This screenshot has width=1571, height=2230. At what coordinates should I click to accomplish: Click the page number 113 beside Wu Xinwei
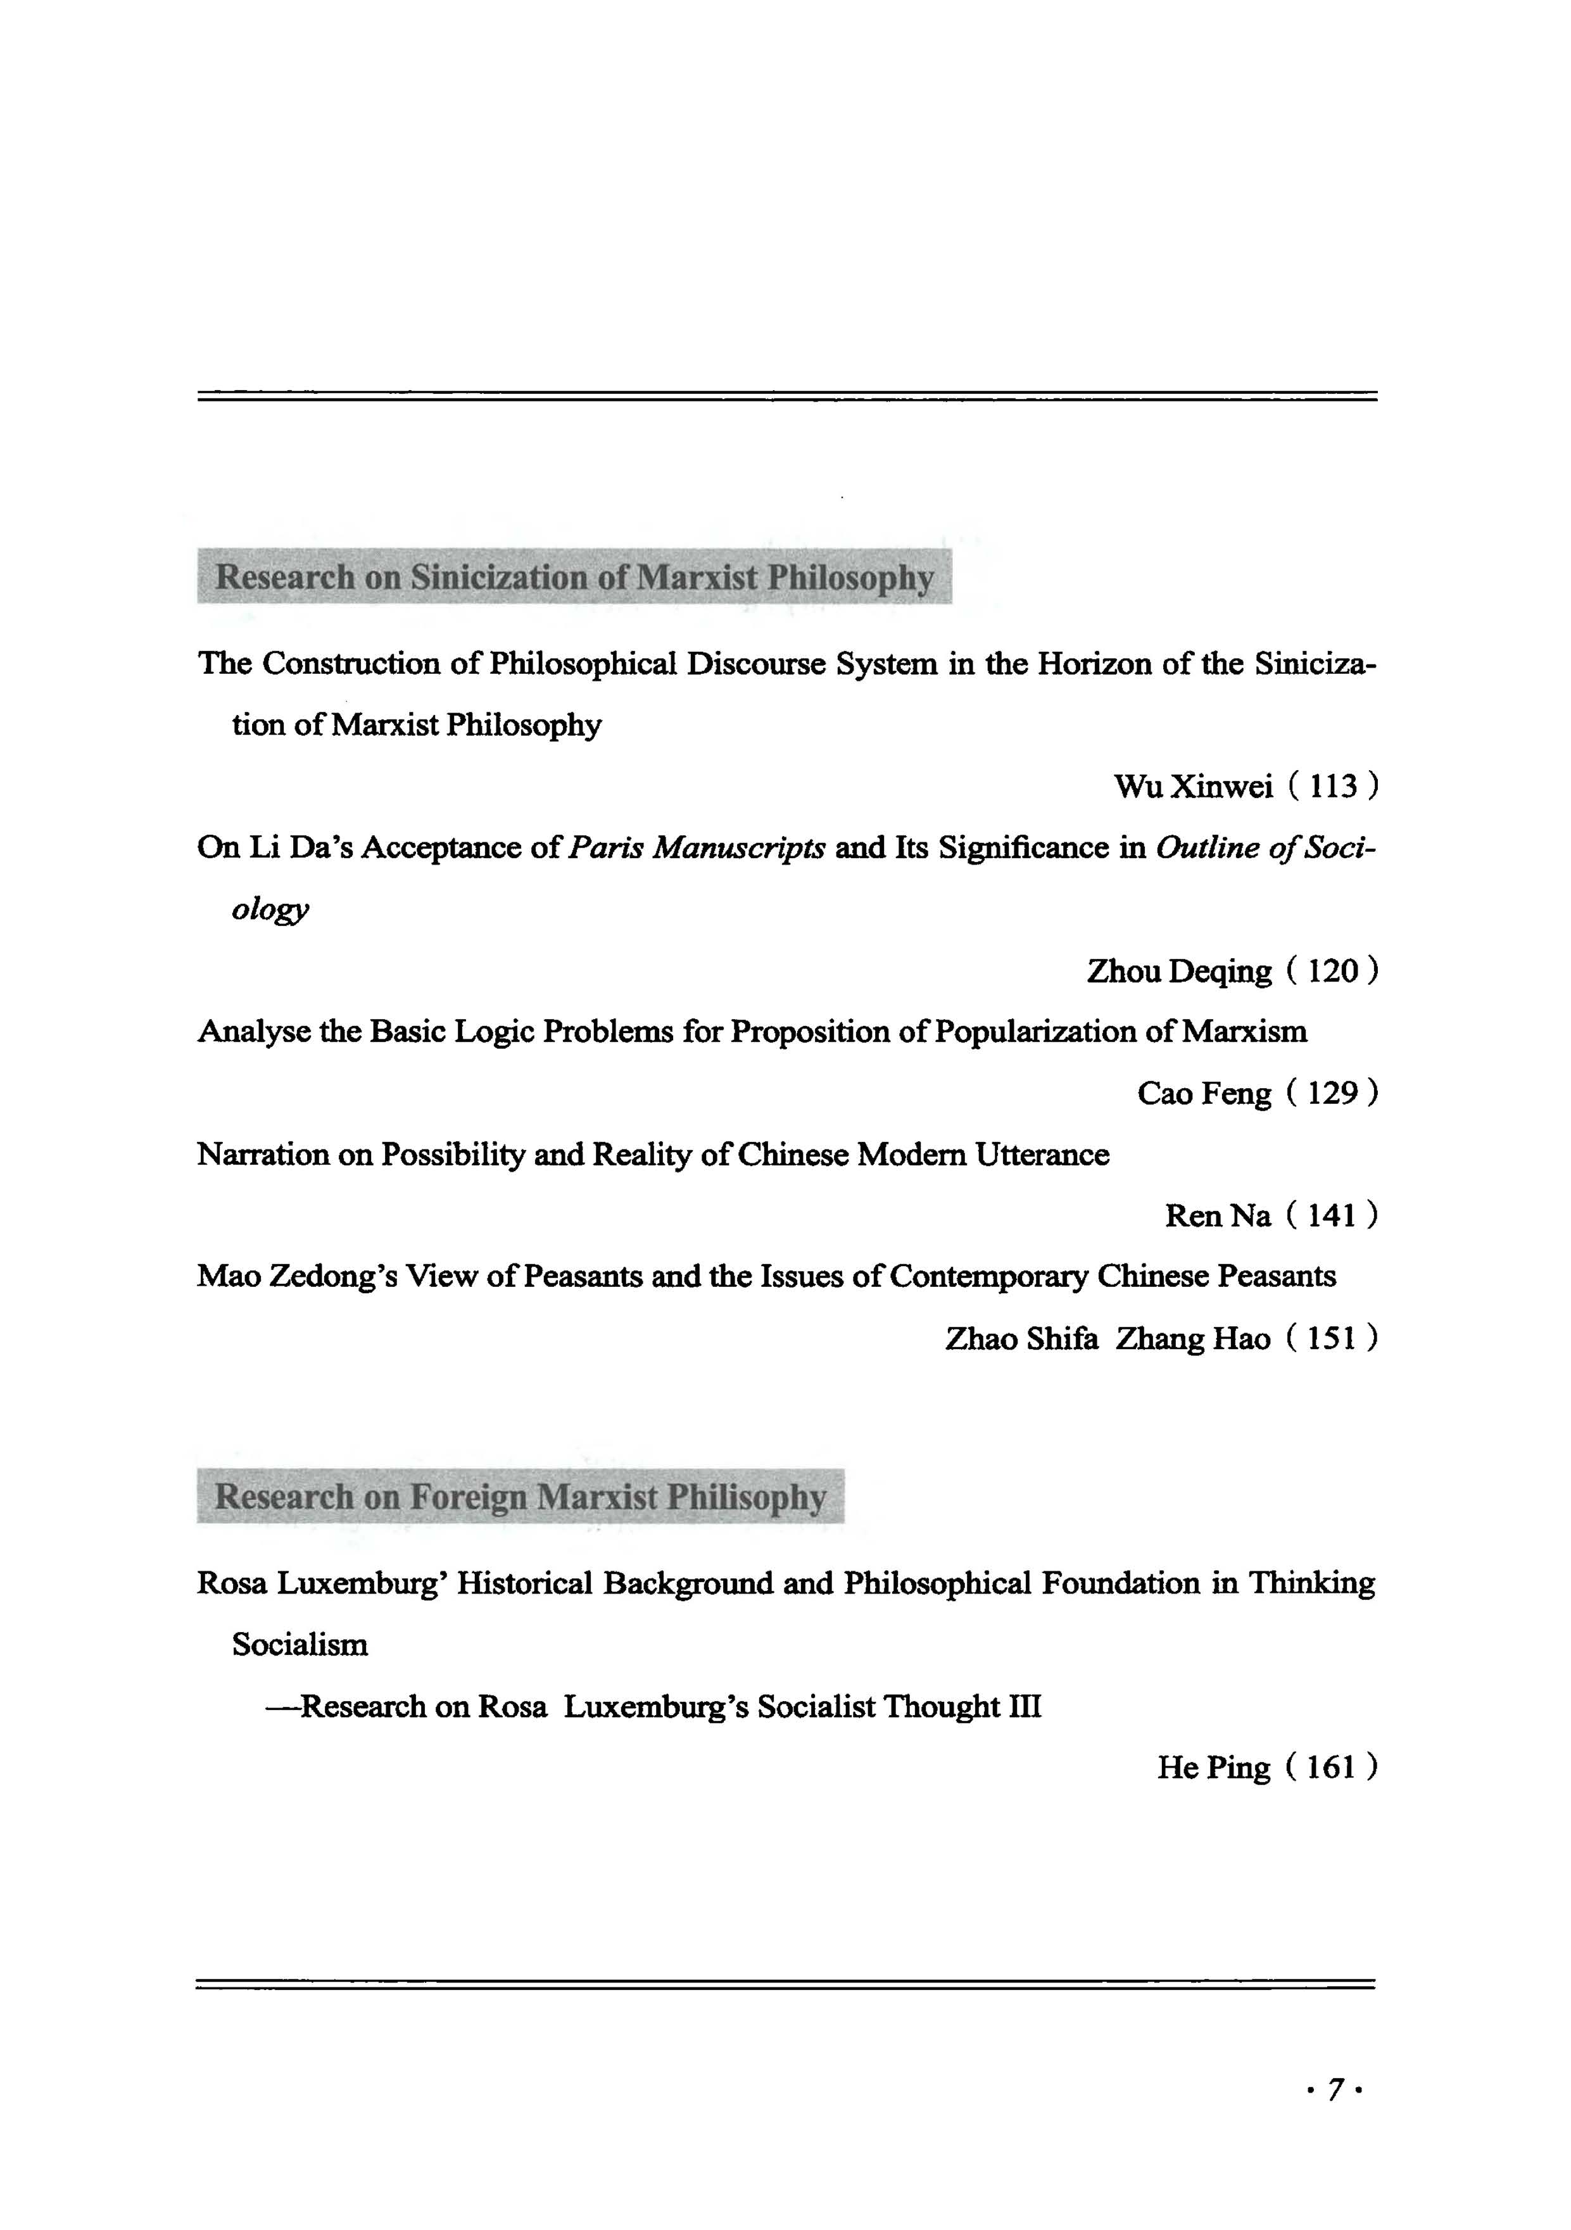click(x=1332, y=786)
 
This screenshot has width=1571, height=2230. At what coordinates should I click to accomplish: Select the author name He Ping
click(x=1213, y=1767)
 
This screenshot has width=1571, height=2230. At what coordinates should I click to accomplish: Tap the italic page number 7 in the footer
click(x=1336, y=2089)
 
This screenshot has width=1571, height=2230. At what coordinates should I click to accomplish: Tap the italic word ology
click(x=270, y=910)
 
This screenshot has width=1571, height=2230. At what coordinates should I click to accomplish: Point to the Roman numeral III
click(x=1025, y=1706)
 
